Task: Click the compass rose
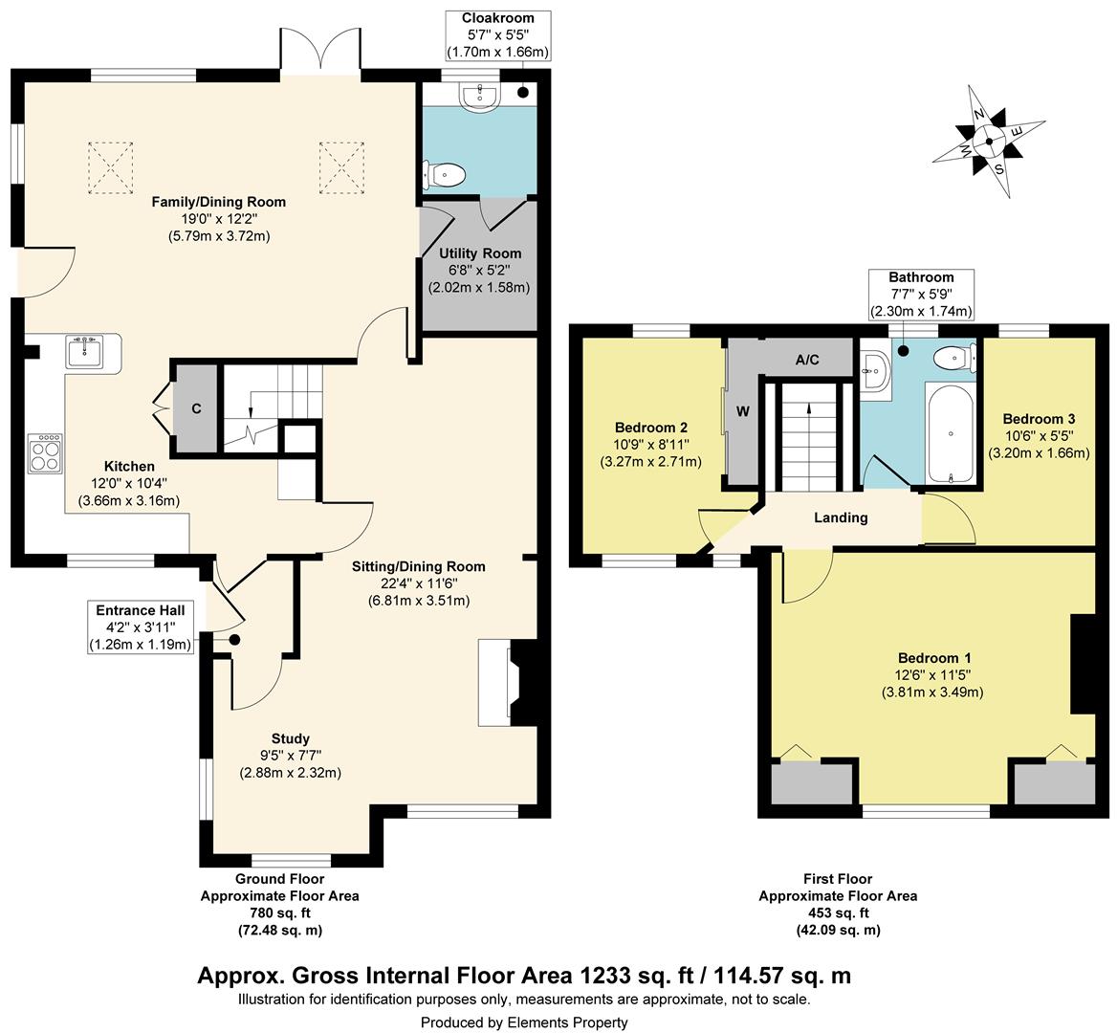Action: click(x=990, y=141)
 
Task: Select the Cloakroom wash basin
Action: click(x=482, y=97)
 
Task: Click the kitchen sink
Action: click(x=85, y=351)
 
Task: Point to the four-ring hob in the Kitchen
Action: click(x=46, y=453)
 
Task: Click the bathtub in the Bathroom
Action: click(x=951, y=433)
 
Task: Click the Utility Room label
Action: click(x=480, y=253)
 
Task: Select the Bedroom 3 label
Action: click(x=1039, y=419)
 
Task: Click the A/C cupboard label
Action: click(x=807, y=361)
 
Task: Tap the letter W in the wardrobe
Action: click(x=743, y=411)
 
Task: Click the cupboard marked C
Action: click(x=197, y=408)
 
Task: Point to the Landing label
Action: click(x=841, y=517)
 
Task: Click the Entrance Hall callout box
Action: click(x=141, y=627)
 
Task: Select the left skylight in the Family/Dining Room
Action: click(x=110, y=168)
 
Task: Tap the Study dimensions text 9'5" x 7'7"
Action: click(x=291, y=756)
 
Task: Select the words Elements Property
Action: click(x=568, y=1022)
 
